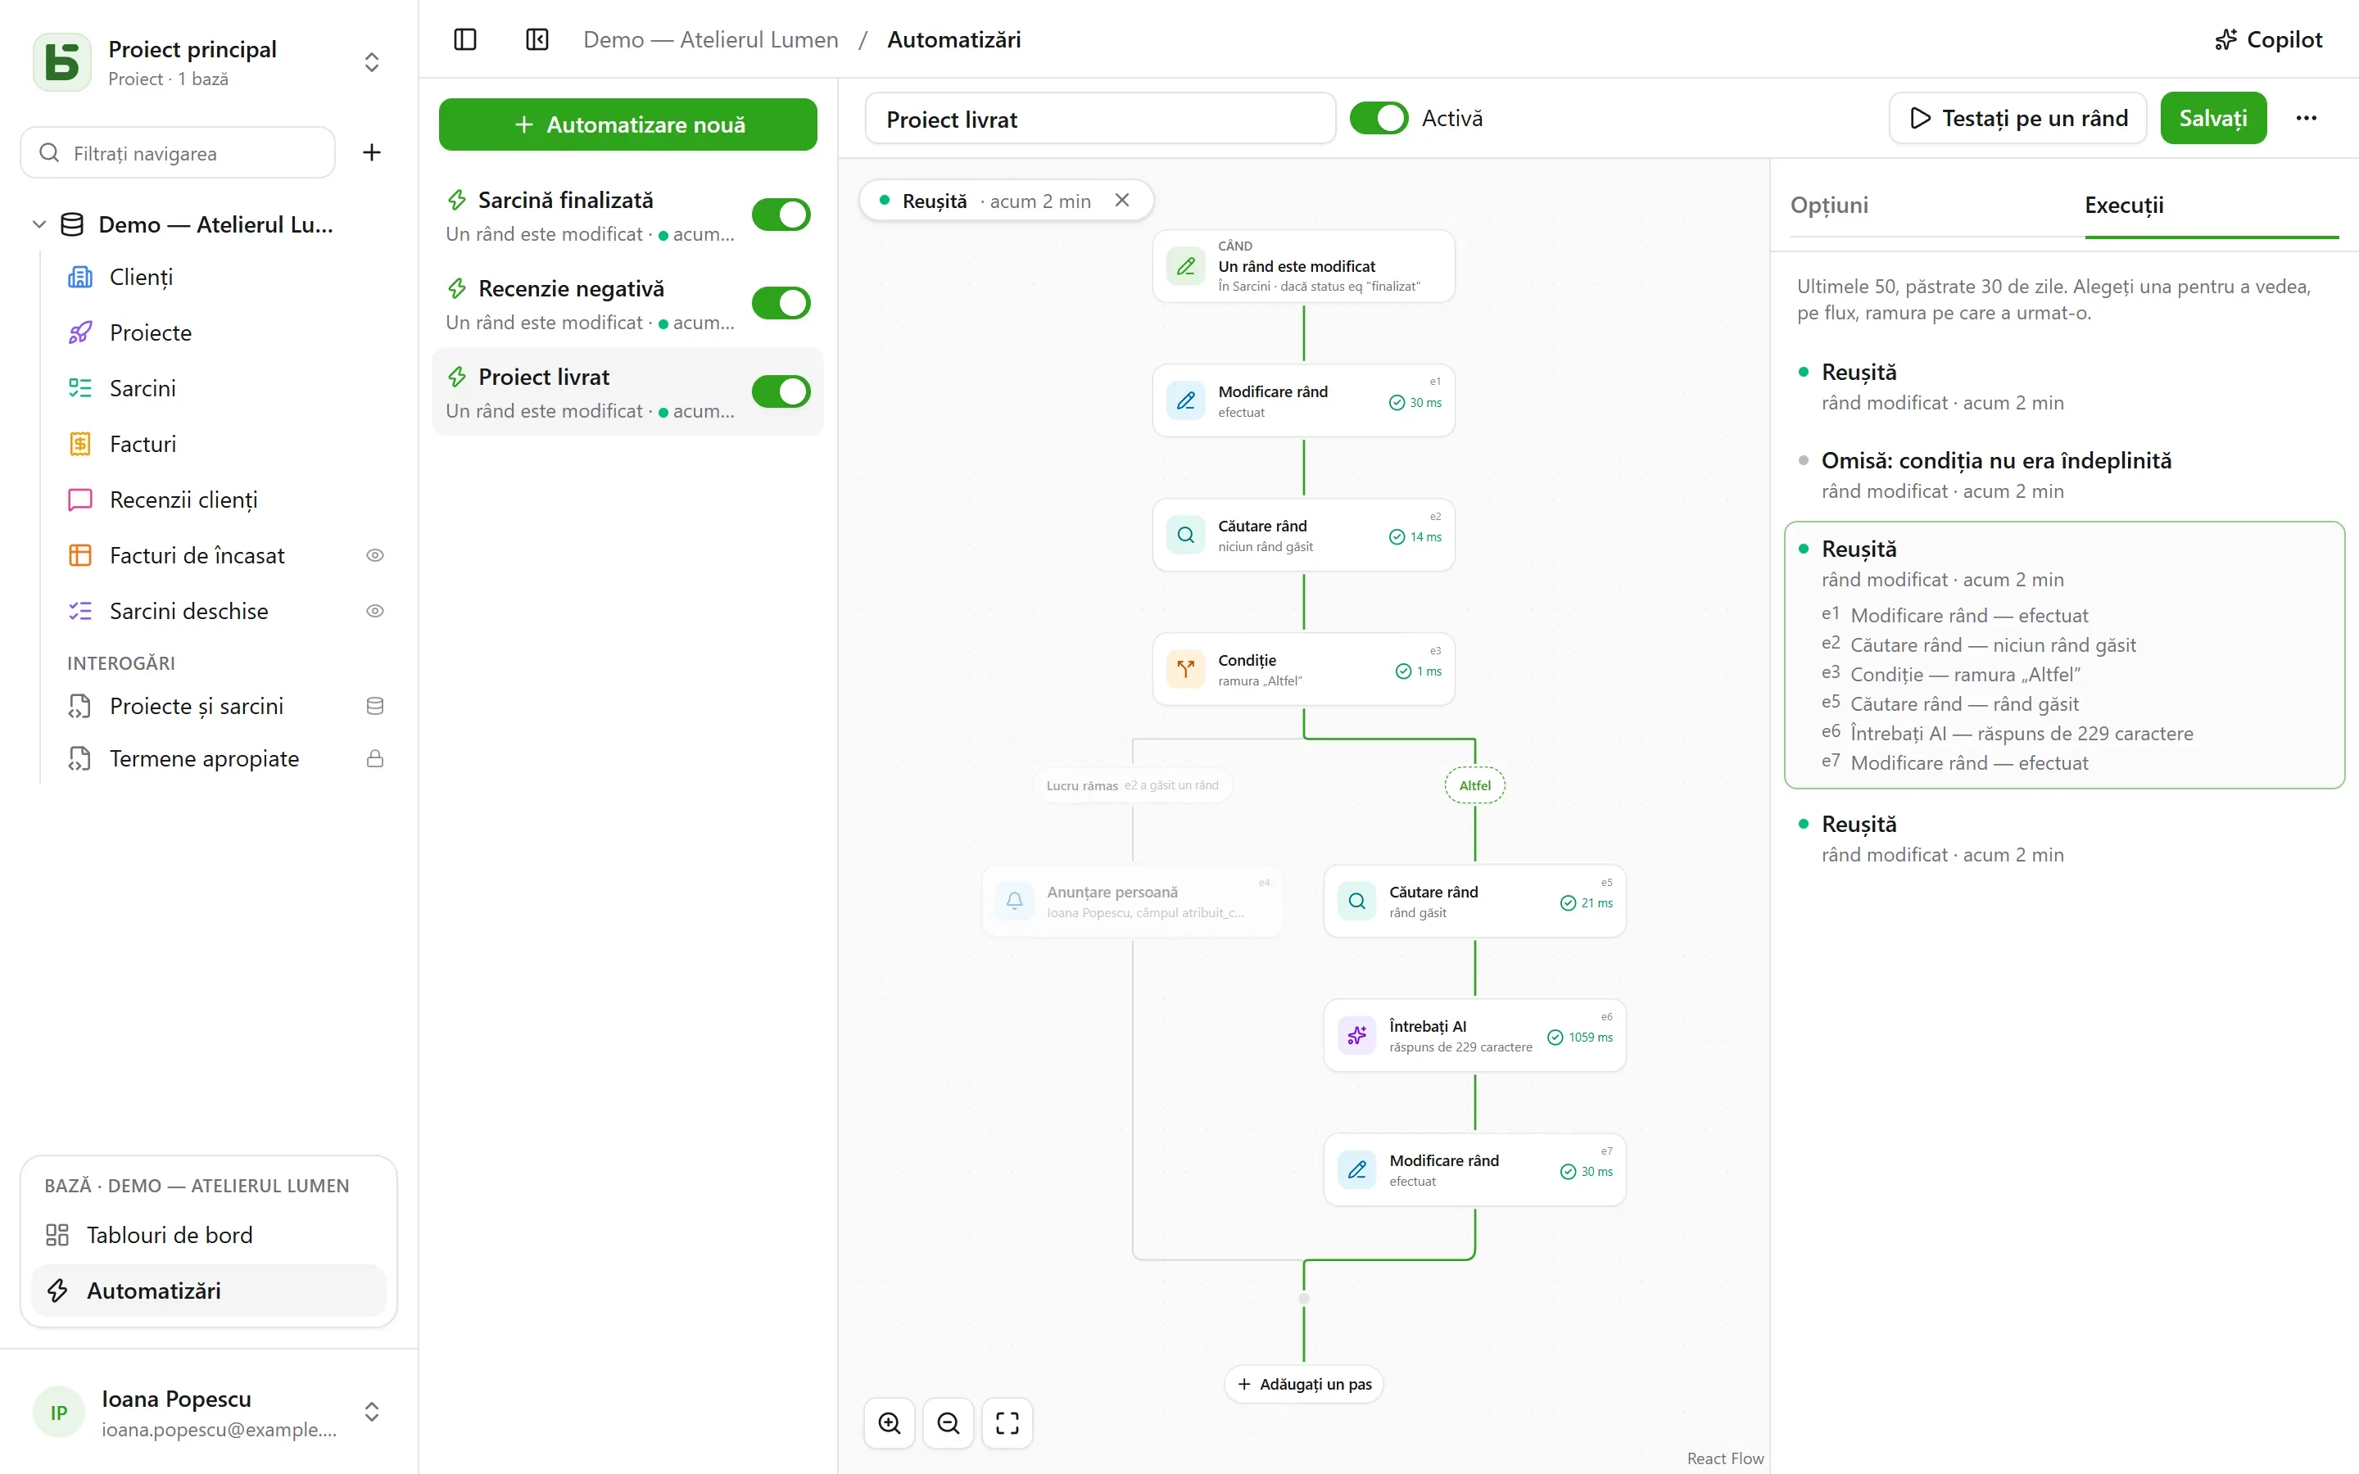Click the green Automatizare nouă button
coord(627,124)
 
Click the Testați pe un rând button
coord(2017,118)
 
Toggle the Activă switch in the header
coord(1379,118)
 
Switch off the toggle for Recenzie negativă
coord(781,303)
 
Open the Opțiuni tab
coord(1829,205)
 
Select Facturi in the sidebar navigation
coord(143,444)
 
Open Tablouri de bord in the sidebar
coord(170,1235)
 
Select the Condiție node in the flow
coord(1303,670)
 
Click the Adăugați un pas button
coord(1304,1384)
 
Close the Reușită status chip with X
coord(1122,200)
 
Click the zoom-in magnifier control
coord(889,1423)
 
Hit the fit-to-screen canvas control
coord(1007,1423)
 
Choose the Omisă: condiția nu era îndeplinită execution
coord(1996,460)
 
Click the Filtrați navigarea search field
coord(179,153)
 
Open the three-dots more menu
coord(2307,118)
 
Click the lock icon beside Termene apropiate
coord(374,758)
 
